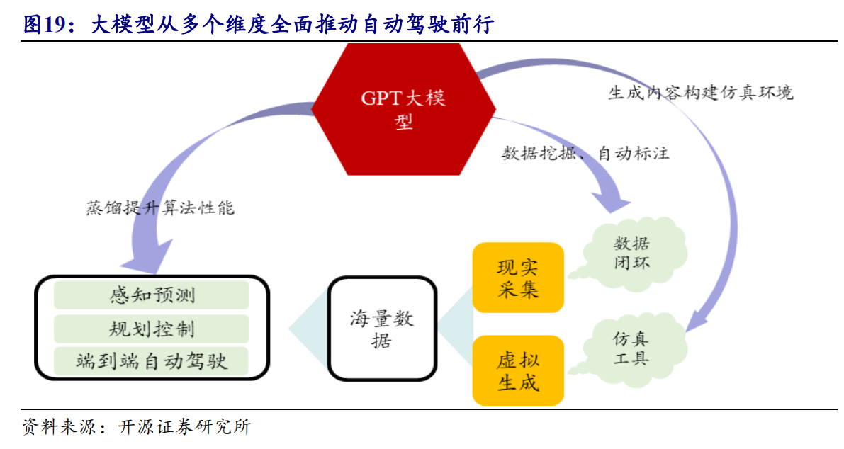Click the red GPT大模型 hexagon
tap(403, 109)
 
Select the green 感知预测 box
tap(152, 295)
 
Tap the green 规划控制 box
tap(152, 329)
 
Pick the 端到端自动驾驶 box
tap(152, 361)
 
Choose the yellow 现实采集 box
tap(518, 278)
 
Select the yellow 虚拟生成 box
tap(518, 370)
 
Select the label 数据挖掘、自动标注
tap(585, 153)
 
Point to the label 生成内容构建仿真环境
tap(701, 93)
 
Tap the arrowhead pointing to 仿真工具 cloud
tap(699, 319)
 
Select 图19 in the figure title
tap(43, 25)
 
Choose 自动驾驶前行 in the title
tap(427, 25)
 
